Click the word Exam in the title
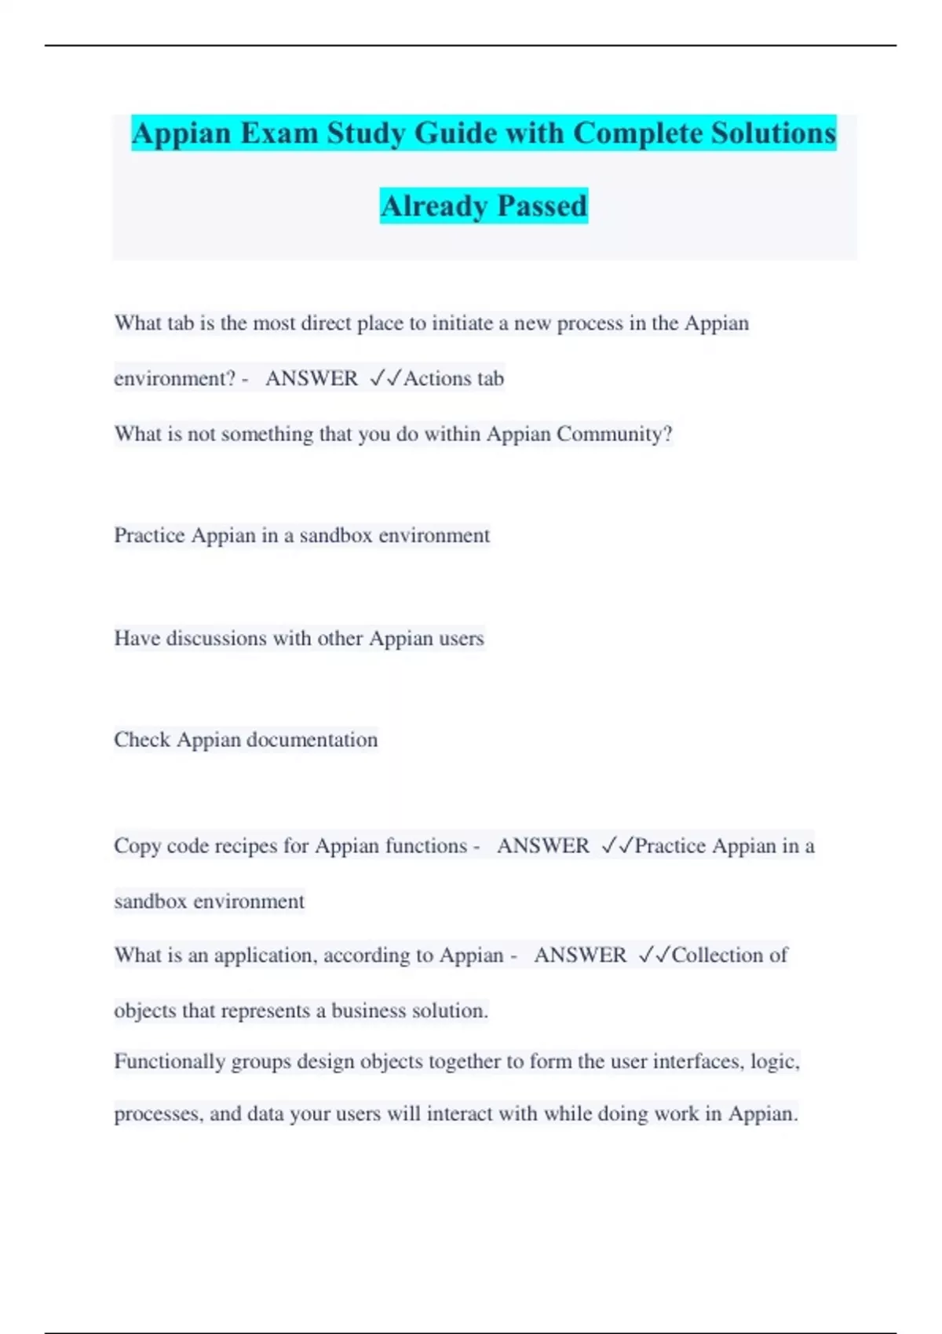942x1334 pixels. click(280, 133)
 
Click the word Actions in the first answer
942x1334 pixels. click(437, 378)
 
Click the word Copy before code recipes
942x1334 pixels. click(137, 846)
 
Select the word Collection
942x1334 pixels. click(717, 955)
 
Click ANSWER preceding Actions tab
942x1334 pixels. click(312, 378)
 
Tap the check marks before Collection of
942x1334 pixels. click(654, 955)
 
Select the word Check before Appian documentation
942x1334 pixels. click(142, 739)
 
